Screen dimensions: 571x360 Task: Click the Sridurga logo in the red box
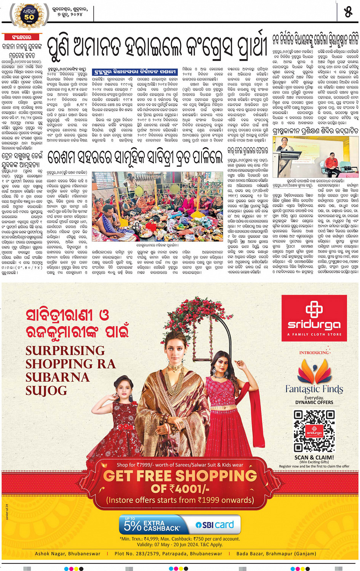point(314,318)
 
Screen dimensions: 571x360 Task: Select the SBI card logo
point(215,524)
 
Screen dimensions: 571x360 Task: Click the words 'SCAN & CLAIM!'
point(314,457)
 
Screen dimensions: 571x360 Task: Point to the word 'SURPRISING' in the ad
point(65,350)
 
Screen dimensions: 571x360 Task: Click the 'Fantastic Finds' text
point(314,389)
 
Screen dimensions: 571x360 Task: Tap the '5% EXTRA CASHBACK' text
point(152,525)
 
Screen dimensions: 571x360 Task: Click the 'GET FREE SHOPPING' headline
point(180,476)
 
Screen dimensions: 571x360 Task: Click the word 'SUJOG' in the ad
point(46,391)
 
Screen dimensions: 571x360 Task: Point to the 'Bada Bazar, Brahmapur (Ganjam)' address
point(276,553)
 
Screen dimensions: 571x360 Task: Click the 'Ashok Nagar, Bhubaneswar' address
point(68,553)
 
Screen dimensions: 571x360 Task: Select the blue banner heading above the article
point(135,72)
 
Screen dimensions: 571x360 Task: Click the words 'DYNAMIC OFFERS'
point(314,402)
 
